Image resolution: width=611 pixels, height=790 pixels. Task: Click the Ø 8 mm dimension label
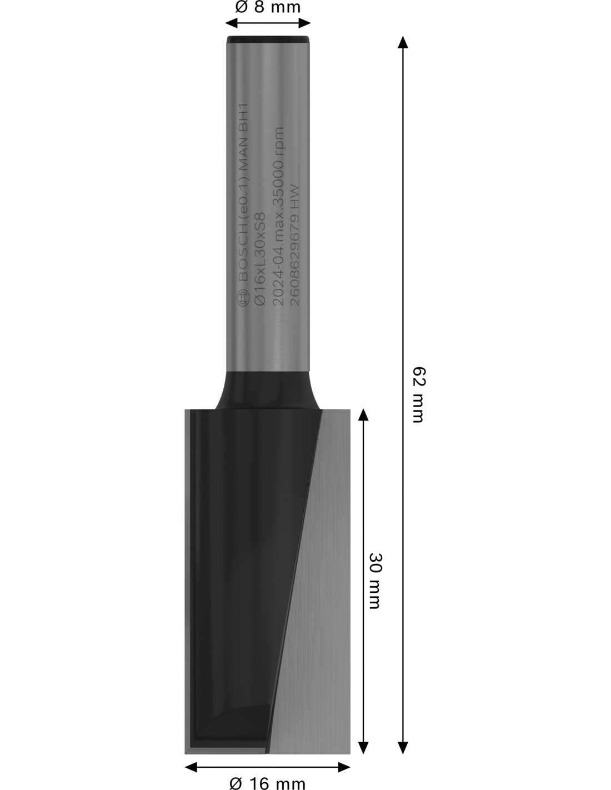(x=268, y=7)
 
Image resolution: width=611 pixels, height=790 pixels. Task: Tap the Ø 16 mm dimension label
(x=268, y=782)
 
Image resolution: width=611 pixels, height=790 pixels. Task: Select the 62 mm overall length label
(x=418, y=395)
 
